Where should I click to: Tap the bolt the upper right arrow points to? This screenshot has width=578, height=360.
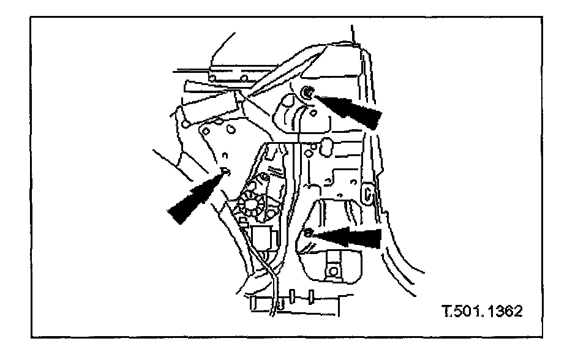(x=307, y=92)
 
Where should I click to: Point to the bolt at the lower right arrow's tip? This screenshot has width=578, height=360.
(x=309, y=233)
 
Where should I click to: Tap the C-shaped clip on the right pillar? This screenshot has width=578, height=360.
(x=369, y=193)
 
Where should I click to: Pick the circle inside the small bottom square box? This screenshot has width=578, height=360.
(x=334, y=269)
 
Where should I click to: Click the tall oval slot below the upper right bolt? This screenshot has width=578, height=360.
(x=326, y=147)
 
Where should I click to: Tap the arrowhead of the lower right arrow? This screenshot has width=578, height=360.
(x=325, y=235)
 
